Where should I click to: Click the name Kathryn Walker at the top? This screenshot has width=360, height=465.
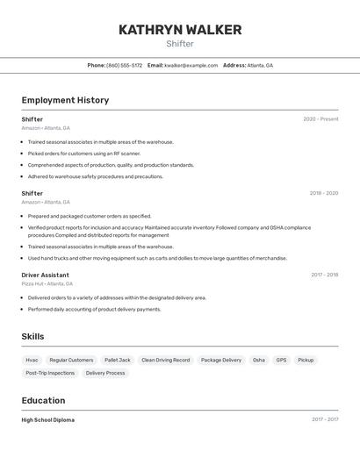tap(180, 30)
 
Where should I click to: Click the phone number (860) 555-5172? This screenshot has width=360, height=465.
tap(124, 65)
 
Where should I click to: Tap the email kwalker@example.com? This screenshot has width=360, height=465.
tap(191, 65)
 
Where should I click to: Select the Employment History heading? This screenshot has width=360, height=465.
tap(65, 100)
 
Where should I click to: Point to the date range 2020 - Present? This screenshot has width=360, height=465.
tap(320, 119)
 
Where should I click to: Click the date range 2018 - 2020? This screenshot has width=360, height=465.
tap(323, 193)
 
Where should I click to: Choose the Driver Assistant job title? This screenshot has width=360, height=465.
tap(45, 275)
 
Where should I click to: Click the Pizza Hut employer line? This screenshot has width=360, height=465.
tap(47, 283)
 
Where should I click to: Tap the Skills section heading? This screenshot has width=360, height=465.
tap(32, 336)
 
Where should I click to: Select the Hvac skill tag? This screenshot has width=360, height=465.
tap(32, 360)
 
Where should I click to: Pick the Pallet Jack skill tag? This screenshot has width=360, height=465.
tap(117, 360)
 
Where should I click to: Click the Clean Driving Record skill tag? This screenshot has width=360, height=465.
tap(165, 360)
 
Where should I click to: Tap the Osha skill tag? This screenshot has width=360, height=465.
tap(258, 360)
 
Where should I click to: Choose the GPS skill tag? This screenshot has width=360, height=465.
tap(281, 360)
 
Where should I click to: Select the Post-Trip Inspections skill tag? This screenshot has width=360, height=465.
tap(50, 373)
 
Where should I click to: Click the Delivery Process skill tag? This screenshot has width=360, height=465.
tap(105, 373)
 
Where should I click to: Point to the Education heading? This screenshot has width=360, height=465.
tap(43, 400)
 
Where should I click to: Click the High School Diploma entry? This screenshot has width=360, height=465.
tap(48, 419)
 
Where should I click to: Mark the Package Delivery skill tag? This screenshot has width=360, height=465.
tap(220, 360)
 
